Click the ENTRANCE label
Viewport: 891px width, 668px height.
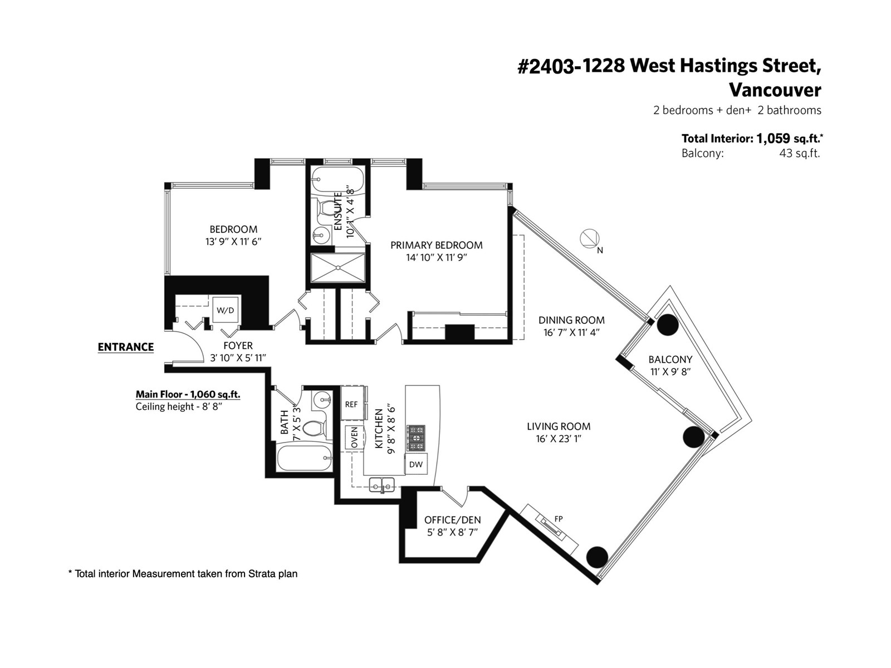126,347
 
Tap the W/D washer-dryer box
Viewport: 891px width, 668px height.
226,310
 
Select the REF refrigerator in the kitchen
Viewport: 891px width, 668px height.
351,404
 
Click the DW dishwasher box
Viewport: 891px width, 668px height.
415,465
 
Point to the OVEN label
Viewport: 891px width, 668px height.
354,437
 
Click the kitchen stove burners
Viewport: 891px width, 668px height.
415,438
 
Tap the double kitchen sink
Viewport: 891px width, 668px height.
381,485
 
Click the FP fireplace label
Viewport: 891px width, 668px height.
559,519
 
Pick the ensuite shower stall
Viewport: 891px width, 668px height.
337,268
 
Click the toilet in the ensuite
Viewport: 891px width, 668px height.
325,208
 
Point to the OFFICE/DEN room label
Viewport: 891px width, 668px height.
453,520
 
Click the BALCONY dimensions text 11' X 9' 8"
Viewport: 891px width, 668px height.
670,371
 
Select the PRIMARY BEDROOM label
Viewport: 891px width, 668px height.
437,245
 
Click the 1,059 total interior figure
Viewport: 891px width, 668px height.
773,139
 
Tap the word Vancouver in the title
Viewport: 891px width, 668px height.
775,90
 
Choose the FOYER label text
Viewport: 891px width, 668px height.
238,346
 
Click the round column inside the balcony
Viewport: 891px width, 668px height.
668,325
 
